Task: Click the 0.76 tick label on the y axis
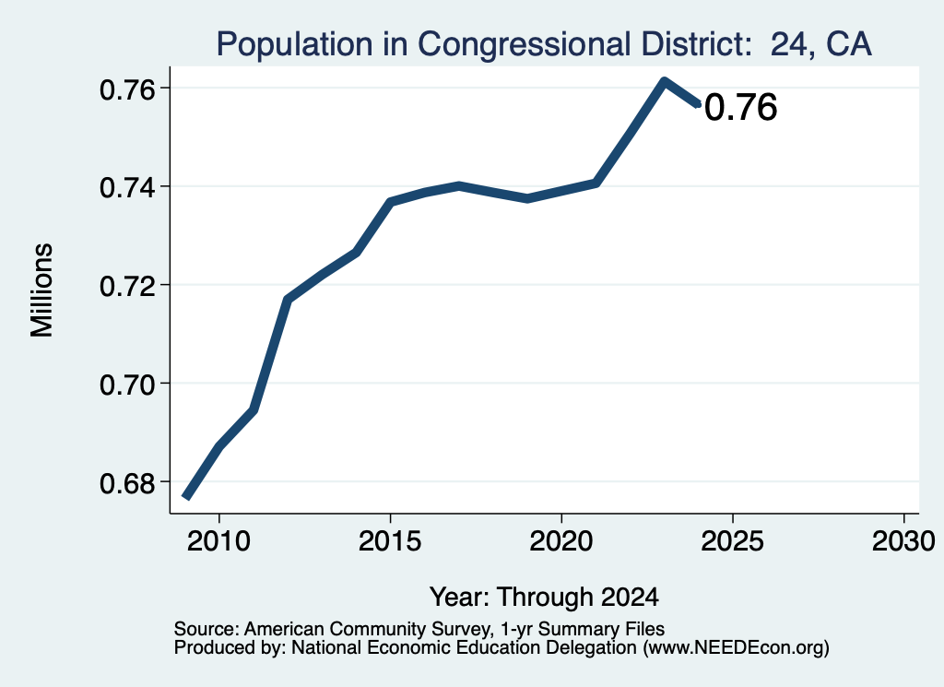tap(127, 89)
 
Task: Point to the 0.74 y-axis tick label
tap(127, 187)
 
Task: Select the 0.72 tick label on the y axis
tap(127, 286)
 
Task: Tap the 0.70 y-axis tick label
tap(127, 385)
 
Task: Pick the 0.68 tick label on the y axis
tap(127, 483)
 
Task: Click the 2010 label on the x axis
tap(218, 541)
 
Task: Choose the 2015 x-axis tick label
tap(390, 541)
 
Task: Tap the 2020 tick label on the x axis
tap(561, 541)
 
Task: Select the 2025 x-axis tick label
tap(732, 541)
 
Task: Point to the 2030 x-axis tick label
tap(903, 541)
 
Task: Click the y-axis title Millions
tap(42, 290)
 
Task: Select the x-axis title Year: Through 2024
tap(544, 598)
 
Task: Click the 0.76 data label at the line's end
tap(740, 108)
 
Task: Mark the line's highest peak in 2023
tap(664, 81)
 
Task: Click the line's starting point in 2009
tap(186, 497)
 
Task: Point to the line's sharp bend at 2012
tap(288, 300)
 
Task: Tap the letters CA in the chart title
tap(849, 44)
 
